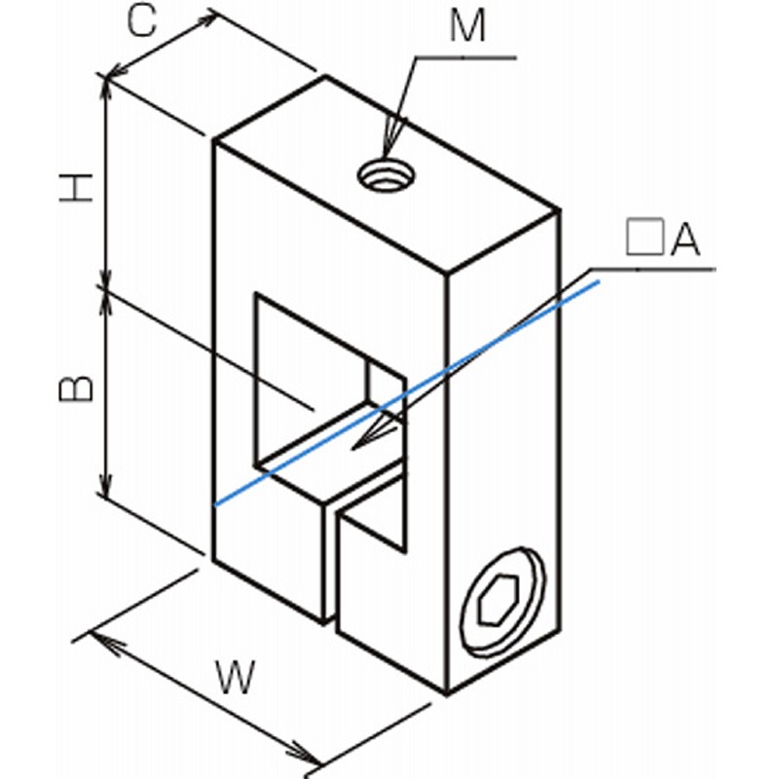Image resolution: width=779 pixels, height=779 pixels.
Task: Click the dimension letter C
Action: [x=142, y=22]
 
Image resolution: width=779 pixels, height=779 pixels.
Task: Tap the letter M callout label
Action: [x=467, y=27]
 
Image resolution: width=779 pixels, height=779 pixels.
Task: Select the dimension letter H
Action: [x=75, y=186]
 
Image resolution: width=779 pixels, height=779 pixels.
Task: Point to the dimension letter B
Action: [x=75, y=388]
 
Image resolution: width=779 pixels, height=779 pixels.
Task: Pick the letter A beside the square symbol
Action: [x=686, y=239]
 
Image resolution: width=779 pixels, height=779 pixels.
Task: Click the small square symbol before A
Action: [x=643, y=238]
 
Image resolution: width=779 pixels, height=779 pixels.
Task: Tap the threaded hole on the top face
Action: [x=387, y=176]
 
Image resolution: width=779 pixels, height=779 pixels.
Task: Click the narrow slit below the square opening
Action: [x=332, y=565]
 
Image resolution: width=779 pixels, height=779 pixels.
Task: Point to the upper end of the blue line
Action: [x=598, y=280]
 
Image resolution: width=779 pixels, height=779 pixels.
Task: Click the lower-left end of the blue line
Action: [x=217, y=503]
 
